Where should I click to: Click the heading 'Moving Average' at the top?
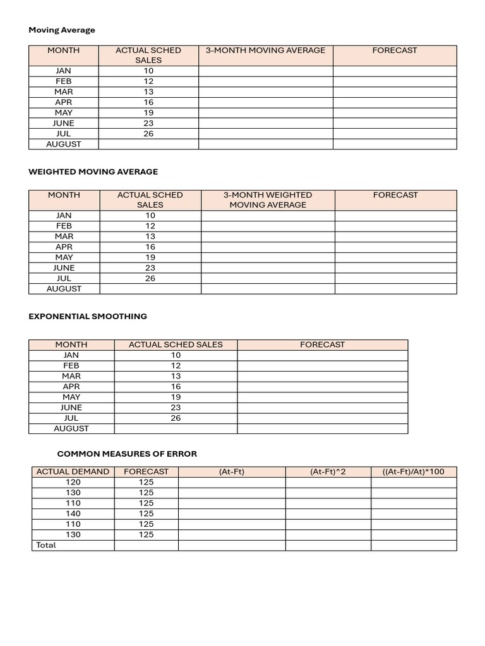[x=62, y=30]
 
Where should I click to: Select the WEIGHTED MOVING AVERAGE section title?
[x=93, y=172]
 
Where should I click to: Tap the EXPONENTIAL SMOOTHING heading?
[x=88, y=316]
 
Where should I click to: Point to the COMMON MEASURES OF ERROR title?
[x=127, y=454]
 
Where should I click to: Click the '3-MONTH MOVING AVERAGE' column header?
[x=265, y=50]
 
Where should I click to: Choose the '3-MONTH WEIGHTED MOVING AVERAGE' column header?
[x=268, y=200]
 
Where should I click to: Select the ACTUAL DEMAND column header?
[x=73, y=471]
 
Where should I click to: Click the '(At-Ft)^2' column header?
[x=328, y=471]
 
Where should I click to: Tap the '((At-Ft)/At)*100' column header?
[x=413, y=471]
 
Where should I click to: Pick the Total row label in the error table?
[x=46, y=545]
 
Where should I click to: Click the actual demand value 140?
[x=73, y=514]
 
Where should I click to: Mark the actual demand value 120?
[x=73, y=482]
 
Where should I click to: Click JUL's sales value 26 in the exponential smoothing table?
[x=176, y=418]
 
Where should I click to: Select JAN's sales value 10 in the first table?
[x=148, y=71]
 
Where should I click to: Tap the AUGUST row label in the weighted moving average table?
[x=64, y=288]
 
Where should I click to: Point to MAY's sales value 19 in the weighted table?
[x=150, y=257]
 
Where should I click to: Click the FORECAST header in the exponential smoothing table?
[x=322, y=344]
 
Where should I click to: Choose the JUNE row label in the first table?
[x=64, y=123]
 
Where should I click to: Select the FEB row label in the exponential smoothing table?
[x=71, y=365]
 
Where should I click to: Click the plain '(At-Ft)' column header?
[x=232, y=471]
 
